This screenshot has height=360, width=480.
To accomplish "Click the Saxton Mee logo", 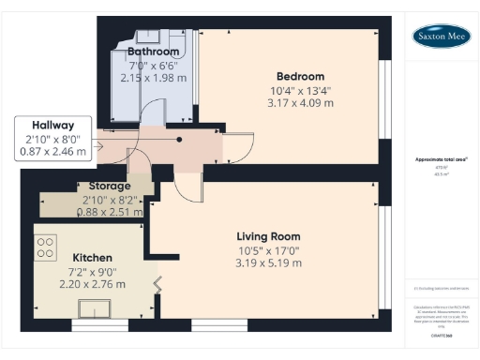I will click(x=442, y=37).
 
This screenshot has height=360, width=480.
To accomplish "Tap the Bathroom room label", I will click(x=153, y=51).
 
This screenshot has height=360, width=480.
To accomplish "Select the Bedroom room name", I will click(x=300, y=76).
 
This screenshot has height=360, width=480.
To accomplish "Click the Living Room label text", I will click(x=268, y=235).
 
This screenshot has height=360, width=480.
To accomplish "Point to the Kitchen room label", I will click(x=93, y=257).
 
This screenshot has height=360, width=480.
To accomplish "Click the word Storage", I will click(x=110, y=187).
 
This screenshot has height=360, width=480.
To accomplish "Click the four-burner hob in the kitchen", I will click(x=46, y=247).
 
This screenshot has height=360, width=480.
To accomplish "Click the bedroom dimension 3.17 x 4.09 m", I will click(x=300, y=104).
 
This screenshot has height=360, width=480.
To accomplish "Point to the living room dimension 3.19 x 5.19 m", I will click(x=268, y=263).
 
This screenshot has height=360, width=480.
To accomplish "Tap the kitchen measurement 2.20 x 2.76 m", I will click(x=93, y=284).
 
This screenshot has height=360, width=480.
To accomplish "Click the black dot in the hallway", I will click(x=179, y=140).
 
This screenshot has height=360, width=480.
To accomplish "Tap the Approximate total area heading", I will click(x=441, y=159).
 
